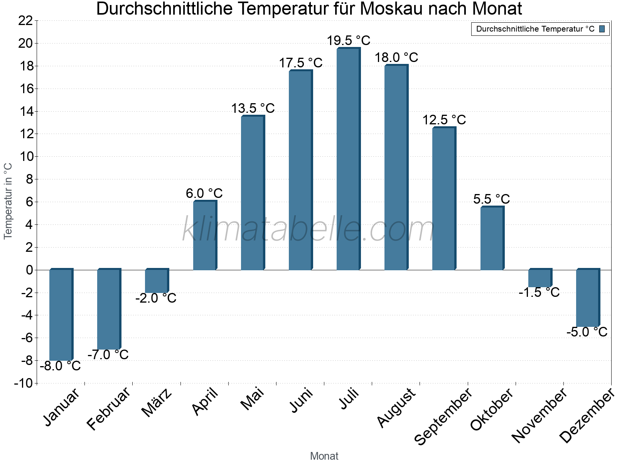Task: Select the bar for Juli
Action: coord(348,159)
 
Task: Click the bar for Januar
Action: coord(61,315)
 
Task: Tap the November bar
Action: coord(540,278)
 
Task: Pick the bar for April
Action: coord(205,235)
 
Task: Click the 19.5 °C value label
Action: coord(349,40)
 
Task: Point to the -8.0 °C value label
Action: coord(61,366)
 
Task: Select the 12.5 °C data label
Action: coord(444,120)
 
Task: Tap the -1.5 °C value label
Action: coord(539,293)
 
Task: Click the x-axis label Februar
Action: coord(109,409)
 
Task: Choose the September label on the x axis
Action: coord(443,417)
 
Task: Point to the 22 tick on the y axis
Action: coord(25,21)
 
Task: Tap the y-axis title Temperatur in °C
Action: coord(8,201)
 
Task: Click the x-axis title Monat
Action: coord(324,456)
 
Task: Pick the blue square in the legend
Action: coord(602,29)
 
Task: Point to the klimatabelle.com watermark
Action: coord(308,230)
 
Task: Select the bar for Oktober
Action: coord(492,238)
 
